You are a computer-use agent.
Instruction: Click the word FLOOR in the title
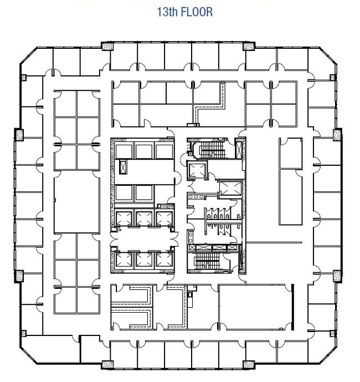(197, 12)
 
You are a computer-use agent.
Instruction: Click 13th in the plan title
(168, 12)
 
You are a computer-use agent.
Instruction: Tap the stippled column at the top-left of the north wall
(107, 46)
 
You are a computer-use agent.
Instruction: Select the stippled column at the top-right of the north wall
(249, 46)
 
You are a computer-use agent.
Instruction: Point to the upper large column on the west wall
(18, 135)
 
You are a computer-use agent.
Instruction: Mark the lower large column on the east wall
(337, 276)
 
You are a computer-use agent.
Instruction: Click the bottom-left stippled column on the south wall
(107, 365)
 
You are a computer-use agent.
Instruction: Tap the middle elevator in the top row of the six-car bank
(144, 218)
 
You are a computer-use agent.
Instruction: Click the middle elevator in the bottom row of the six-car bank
(144, 259)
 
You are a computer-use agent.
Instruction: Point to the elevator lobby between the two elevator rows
(144, 239)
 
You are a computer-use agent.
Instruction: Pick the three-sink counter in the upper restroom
(197, 196)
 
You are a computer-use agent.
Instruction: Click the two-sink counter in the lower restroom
(191, 237)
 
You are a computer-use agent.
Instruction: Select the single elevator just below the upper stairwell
(197, 170)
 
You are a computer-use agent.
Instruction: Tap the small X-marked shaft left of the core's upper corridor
(123, 167)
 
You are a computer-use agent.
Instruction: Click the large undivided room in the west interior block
(77, 202)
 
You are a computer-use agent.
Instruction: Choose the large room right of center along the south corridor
(255, 307)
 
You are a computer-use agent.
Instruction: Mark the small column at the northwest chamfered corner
(23, 78)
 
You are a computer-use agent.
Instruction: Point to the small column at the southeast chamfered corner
(332, 334)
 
